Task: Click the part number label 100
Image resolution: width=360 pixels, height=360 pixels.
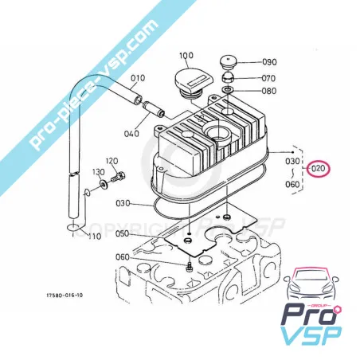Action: (187, 56)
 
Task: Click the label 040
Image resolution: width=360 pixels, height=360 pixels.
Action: (131, 132)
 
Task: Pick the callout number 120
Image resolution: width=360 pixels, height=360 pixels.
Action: (112, 161)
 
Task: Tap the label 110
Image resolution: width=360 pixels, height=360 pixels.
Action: (94, 237)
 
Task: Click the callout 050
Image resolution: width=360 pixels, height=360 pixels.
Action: (122, 233)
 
